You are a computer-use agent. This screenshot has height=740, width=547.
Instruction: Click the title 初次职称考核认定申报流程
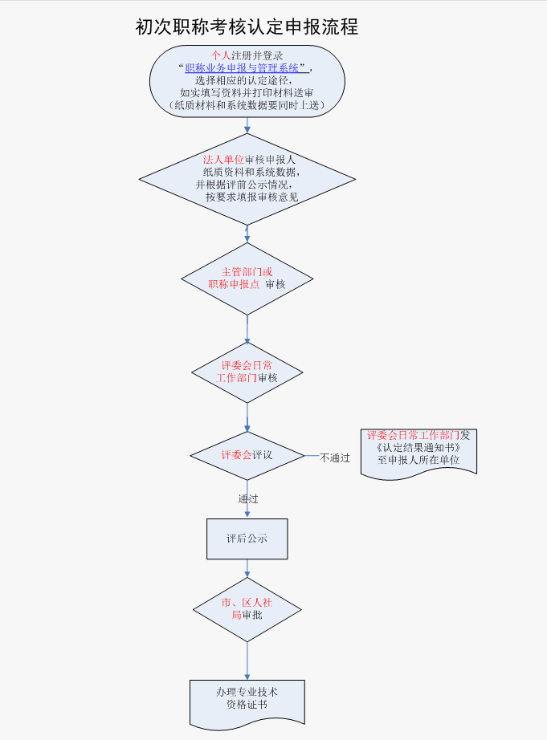click(247, 27)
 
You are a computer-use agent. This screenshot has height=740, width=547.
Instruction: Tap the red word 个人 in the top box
click(220, 55)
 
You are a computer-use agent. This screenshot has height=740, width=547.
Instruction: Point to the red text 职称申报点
click(234, 284)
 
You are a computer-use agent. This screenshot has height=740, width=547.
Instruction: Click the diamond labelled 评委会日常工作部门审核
click(247, 372)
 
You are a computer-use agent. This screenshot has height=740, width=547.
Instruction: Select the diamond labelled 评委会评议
click(247, 455)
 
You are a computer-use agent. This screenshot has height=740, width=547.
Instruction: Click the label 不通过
click(335, 458)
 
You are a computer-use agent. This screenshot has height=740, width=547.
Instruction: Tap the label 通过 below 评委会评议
click(248, 498)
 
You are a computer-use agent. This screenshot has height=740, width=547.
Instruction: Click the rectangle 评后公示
click(247, 539)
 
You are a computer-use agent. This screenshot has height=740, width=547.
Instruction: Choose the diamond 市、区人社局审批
click(247, 609)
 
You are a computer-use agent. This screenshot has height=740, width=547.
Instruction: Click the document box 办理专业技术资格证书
click(247, 699)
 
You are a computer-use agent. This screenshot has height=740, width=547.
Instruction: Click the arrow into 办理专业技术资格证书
click(247, 662)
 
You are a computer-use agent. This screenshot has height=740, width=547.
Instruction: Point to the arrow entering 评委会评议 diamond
click(247, 417)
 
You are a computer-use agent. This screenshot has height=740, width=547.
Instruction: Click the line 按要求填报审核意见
click(251, 197)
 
